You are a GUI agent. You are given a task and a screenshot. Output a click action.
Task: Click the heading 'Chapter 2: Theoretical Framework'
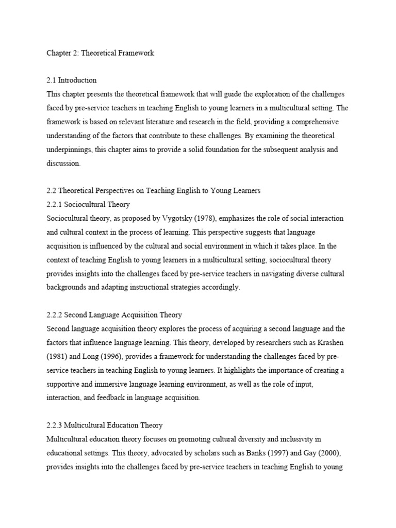coord(101,54)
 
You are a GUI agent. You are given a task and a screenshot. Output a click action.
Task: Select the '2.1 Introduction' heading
coord(71,80)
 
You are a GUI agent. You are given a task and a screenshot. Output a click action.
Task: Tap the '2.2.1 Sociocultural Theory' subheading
coord(88,204)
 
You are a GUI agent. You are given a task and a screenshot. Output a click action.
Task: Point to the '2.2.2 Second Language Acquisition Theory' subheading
coord(114,315)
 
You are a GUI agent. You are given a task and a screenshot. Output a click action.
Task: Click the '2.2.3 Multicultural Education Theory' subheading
coord(104,425)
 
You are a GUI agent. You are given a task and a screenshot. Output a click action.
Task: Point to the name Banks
coord(251,453)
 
